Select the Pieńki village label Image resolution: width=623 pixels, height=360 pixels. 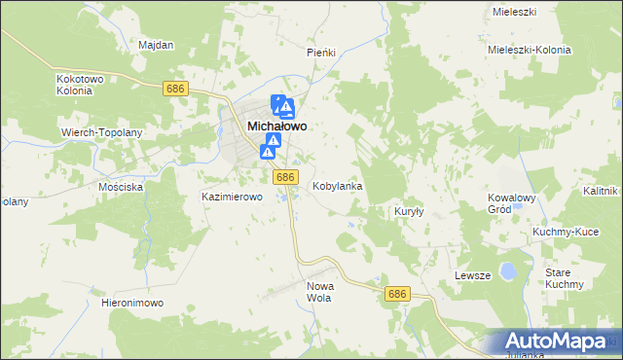321,53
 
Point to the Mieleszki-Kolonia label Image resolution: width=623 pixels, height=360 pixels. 528,49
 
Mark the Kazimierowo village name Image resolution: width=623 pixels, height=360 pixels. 233,197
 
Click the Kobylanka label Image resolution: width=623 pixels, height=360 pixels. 338,185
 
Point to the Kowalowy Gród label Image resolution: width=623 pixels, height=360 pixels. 513,203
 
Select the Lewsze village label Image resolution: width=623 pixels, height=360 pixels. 472,276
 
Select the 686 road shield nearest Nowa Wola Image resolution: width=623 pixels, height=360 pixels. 395,294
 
